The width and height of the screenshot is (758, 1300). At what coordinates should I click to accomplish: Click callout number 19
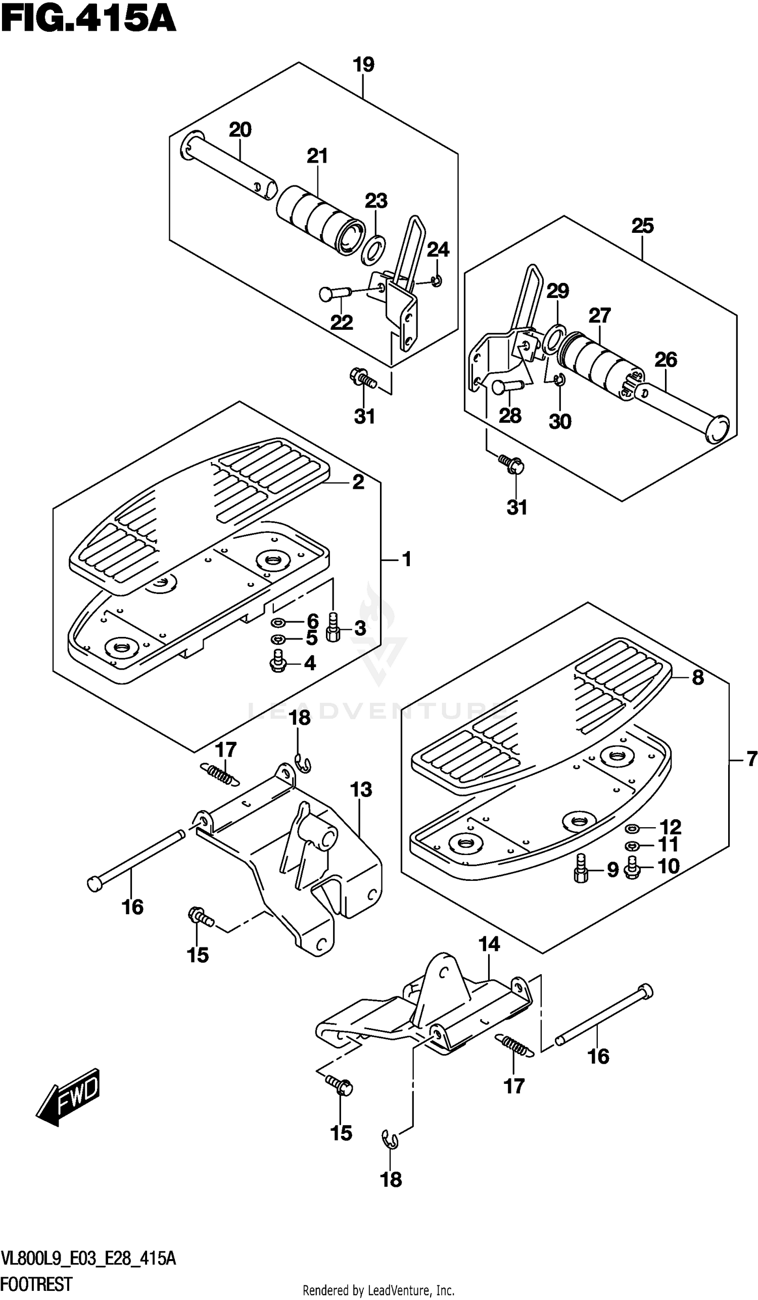[x=363, y=65]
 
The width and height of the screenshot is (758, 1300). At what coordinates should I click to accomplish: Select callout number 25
[x=642, y=225]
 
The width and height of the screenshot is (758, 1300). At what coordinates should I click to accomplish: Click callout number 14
[x=489, y=944]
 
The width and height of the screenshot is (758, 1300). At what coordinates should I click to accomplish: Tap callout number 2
[x=358, y=482]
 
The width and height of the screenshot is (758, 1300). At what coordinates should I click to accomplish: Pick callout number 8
[x=698, y=677]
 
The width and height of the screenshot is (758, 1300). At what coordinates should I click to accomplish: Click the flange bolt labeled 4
[x=278, y=661]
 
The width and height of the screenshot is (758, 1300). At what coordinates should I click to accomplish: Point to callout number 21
[x=317, y=156]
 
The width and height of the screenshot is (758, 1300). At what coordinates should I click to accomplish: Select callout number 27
[x=600, y=315]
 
